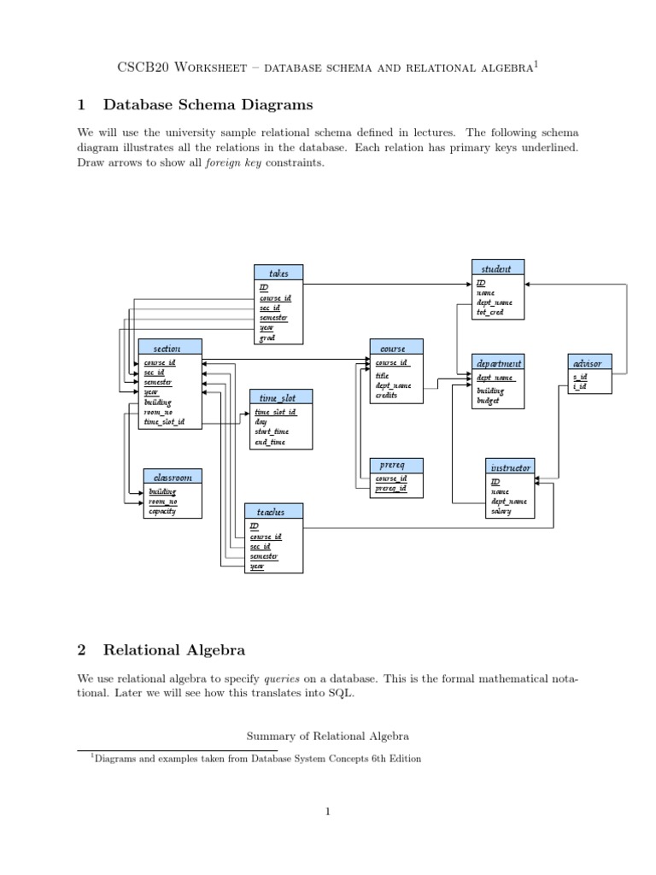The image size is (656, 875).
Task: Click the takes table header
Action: click(278, 273)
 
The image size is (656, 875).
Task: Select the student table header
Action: click(496, 268)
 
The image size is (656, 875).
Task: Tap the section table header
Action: click(170, 348)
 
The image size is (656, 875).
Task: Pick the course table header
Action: click(395, 348)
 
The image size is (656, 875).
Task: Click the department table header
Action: click(498, 362)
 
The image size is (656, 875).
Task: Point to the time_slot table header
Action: click(281, 397)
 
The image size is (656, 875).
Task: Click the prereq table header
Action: click(395, 465)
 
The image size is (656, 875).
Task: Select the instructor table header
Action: click(511, 467)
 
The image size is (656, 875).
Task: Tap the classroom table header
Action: click(172, 477)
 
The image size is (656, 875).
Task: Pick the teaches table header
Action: click(274, 511)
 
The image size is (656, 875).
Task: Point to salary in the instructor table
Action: click(501, 511)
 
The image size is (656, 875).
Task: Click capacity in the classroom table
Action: click(162, 511)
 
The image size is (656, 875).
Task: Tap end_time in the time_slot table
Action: click(270, 442)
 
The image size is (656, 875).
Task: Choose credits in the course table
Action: click(386, 396)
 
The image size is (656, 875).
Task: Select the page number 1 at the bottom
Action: click(327, 812)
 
